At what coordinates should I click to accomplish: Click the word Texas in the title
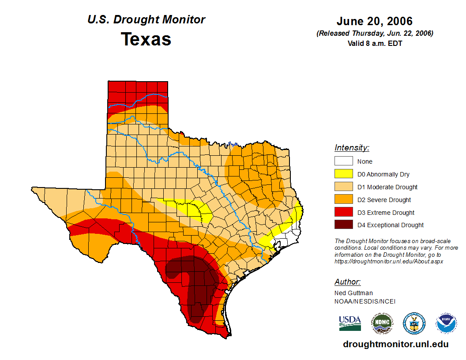(146, 39)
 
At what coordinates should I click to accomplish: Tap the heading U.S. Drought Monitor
(146, 19)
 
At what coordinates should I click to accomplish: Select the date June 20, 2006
(374, 21)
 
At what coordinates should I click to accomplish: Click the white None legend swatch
(343, 161)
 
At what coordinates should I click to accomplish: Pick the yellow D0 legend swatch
(343, 174)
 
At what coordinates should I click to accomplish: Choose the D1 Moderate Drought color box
(343, 187)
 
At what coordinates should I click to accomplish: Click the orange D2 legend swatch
(343, 200)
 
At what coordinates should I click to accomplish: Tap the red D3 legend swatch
(343, 213)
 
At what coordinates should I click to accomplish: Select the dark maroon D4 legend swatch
(343, 225)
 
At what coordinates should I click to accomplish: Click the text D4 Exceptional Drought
(390, 225)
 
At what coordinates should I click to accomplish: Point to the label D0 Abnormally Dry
(383, 174)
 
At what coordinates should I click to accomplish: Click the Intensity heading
(352, 148)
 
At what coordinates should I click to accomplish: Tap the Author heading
(347, 282)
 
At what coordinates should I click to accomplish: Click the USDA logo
(350, 323)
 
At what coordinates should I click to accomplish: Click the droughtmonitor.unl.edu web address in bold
(395, 344)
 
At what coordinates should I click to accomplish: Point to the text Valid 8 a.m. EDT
(374, 43)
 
